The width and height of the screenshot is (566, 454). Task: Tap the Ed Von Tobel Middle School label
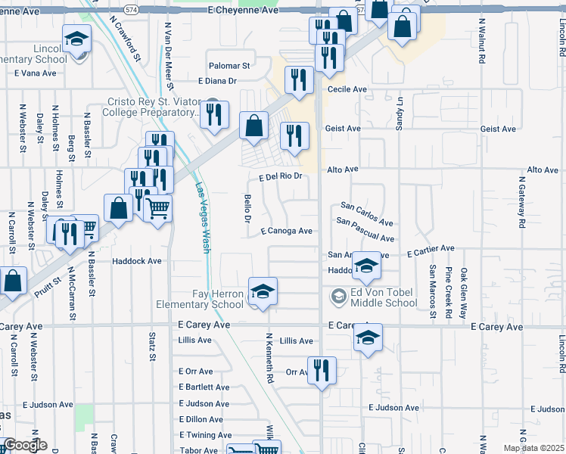[384, 298]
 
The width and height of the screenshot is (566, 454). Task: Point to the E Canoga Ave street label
[286, 231]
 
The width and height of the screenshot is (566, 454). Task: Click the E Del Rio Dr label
[280, 176]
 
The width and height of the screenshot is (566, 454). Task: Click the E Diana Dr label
[217, 81]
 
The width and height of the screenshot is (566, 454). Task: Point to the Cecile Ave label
[347, 89]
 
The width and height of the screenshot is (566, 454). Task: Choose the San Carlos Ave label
[367, 214]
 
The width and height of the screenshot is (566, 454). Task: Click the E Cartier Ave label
[430, 248]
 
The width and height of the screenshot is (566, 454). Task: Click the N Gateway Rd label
[522, 203]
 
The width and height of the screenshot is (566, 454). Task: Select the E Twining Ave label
[205, 435]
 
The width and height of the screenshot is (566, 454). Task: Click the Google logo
[24, 446]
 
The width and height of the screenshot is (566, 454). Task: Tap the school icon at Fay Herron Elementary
[263, 291]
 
